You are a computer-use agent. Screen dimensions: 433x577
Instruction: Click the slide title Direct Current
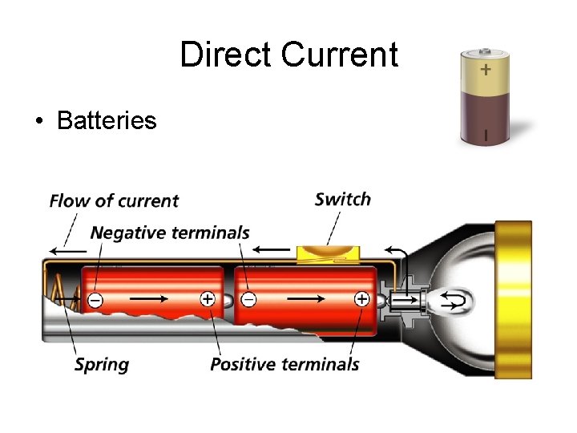tap(288, 55)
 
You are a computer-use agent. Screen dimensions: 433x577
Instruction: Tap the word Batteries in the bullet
tap(107, 121)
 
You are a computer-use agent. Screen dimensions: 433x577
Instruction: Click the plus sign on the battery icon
tap(486, 70)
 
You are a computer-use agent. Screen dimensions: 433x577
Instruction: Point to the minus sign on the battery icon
tap(486, 135)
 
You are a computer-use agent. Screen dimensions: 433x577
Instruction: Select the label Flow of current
tap(114, 200)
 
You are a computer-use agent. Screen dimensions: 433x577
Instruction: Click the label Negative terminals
tap(170, 233)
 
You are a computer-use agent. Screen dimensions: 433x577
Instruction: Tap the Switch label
tap(343, 199)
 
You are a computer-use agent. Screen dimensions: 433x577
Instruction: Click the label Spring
tap(102, 364)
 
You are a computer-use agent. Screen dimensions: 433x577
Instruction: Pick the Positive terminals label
tap(284, 364)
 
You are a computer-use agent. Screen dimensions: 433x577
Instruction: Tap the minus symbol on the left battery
tap(95, 300)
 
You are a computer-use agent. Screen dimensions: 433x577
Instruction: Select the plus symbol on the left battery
tap(207, 299)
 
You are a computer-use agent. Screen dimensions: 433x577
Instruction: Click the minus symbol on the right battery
tap(248, 300)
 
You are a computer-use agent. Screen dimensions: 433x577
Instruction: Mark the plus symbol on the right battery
tap(361, 299)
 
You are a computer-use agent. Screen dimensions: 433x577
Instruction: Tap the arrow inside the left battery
tap(149, 299)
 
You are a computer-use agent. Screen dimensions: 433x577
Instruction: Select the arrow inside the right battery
tap(305, 299)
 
